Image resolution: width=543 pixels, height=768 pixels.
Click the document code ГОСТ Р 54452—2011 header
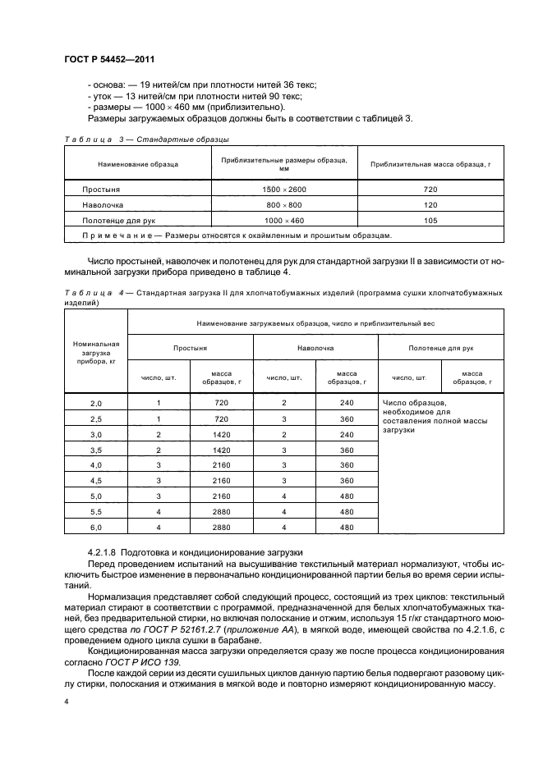point(110,59)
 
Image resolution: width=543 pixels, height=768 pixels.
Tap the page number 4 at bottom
point(66,702)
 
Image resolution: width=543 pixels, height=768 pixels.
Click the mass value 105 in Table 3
point(430,220)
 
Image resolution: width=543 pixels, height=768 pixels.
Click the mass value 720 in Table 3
point(430,189)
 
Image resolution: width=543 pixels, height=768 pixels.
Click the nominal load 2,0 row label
point(96,403)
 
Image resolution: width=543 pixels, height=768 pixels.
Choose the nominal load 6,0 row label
point(96,527)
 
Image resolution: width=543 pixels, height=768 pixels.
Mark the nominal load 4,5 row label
point(96,480)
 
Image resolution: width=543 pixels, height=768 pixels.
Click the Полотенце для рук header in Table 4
point(440,348)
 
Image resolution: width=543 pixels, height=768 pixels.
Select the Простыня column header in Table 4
point(190,348)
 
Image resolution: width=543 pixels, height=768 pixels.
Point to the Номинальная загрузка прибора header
point(96,351)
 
